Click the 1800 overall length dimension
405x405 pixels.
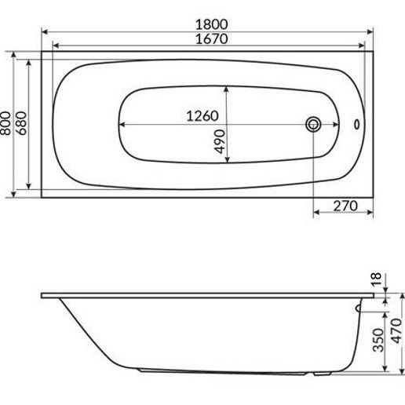click(x=212, y=24)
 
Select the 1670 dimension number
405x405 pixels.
click(x=212, y=39)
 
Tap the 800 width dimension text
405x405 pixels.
click(x=5, y=123)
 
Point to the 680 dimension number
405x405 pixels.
click(x=21, y=123)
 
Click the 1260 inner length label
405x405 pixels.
click(x=202, y=116)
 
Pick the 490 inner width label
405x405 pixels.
click(x=220, y=141)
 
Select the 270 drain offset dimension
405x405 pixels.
click(x=345, y=206)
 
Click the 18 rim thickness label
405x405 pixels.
click(x=377, y=279)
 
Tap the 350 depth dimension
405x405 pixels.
click(x=378, y=340)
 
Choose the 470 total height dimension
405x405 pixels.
click(x=396, y=331)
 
